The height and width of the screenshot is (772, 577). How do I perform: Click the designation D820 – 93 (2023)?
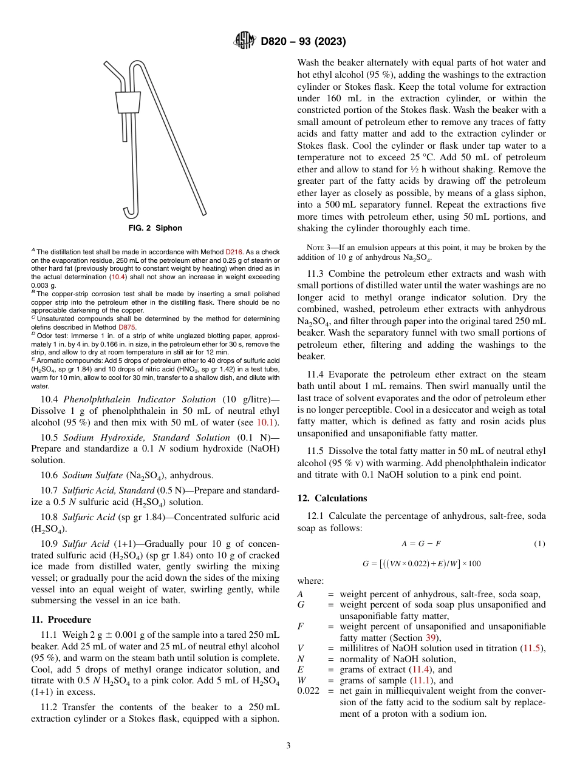(303, 42)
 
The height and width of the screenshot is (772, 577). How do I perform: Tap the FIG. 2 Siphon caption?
(155, 228)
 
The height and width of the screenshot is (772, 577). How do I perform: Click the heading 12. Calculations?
(332, 498)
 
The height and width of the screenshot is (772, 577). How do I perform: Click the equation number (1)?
(539, 544)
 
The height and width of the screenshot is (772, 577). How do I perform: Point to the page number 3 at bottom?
(288, 745)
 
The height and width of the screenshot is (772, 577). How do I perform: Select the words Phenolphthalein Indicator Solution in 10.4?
(140, 399)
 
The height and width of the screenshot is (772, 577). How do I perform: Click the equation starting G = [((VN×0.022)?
(421, 563)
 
